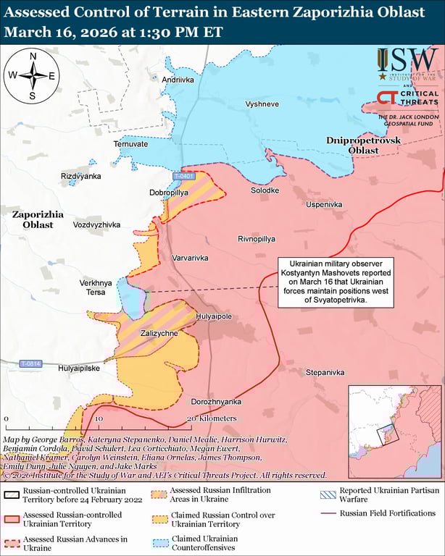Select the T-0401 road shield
click(184, 177)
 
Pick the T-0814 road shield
click(31, 363)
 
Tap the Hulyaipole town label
click(213, 316)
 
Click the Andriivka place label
click(178, 80)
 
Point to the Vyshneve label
click(262, 104)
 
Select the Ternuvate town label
click(130, 144)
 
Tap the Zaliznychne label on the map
click(159, 333)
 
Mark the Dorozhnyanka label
click(216, 401)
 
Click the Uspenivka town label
click(324, 205)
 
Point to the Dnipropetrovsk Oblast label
click(352, 144)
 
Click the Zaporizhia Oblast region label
click(38, 219)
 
